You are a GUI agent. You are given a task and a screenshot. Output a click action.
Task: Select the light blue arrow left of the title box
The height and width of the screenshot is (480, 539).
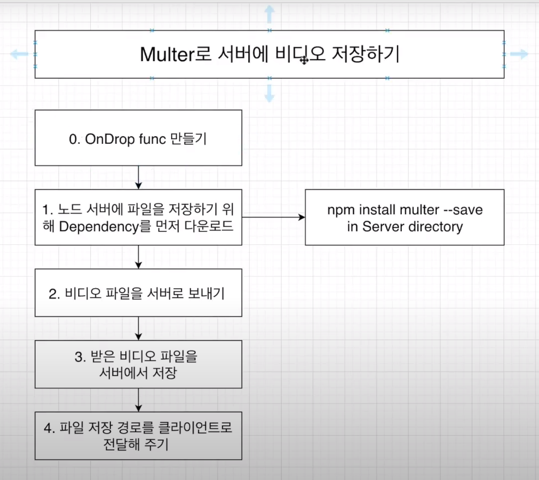(19, 54)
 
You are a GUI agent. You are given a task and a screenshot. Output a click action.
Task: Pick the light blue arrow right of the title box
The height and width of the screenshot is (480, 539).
(519, 54)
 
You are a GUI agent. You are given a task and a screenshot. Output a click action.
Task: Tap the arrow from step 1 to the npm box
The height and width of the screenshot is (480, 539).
(273, 217)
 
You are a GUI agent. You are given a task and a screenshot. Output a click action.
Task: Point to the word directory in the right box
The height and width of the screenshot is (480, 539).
(436, 226)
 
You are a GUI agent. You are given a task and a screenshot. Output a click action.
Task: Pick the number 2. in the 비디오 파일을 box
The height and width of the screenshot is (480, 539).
(54, 294)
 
